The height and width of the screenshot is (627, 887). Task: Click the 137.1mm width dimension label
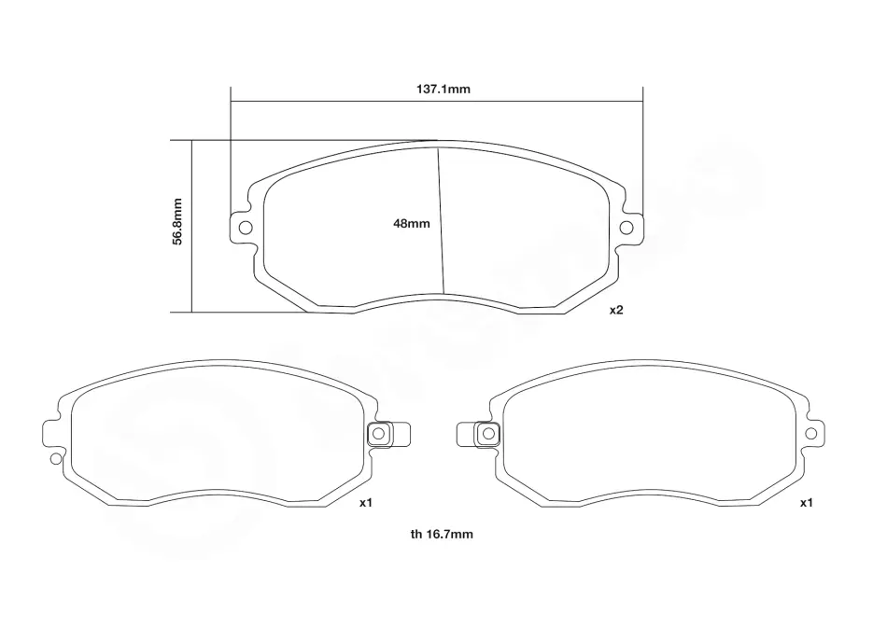coord(443,90)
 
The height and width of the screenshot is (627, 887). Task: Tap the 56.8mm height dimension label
coord(177,221)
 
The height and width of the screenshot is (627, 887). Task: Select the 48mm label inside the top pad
coord(411,223)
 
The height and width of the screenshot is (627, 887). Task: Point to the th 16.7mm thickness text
coord(442,534)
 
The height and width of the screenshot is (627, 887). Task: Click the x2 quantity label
coord(616,310)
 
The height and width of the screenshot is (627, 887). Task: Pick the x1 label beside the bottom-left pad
coord(366,502)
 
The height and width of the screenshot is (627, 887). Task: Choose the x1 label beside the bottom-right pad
coord(806,502)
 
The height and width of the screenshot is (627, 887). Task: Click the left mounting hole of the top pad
coord(246,228)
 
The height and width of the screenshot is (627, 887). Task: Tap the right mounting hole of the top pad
coord(627,228)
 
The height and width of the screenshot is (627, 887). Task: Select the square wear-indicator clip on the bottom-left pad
coord(378,434)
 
